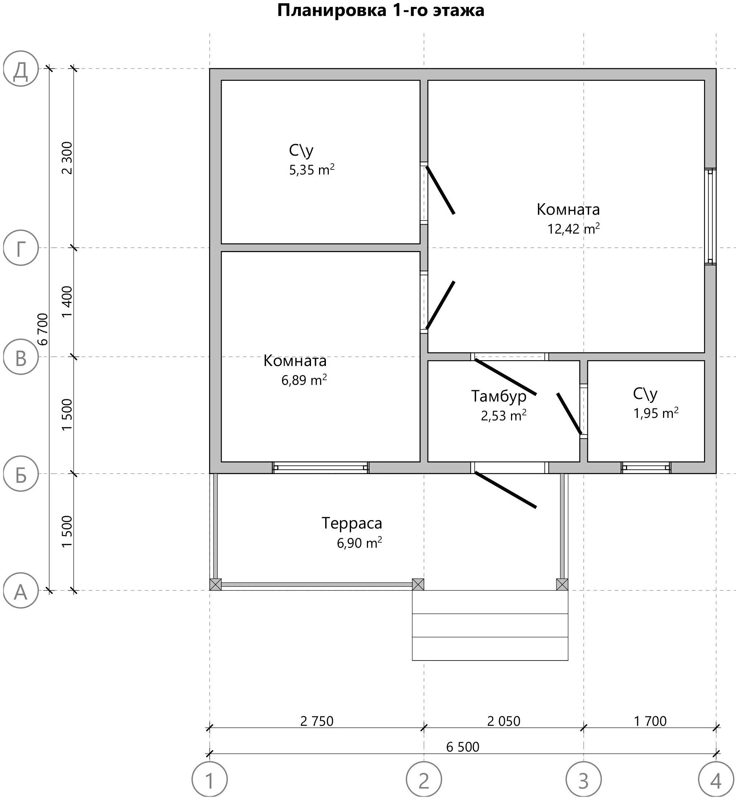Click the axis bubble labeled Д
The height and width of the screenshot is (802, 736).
(x=21, y=69)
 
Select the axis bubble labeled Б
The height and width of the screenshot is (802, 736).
(x=21, y=474)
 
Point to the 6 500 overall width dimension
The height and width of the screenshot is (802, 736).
(x=462, y=747)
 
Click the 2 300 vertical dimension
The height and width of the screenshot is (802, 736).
(x=67, y=158)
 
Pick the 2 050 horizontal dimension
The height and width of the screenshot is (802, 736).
(x=503, y=721)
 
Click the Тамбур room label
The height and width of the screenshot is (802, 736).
(x=499, y=396)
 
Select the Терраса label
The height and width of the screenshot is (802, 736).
(x=352, y=523)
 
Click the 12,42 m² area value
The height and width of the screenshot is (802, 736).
(x=573, y=229)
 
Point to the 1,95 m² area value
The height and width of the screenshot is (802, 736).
(x=655, y=414)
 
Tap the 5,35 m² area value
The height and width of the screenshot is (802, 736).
(x=311, y=170)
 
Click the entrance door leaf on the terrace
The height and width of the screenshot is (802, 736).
(x=506, y=490)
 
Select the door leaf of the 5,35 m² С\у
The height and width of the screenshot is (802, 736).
(x=440, y=190)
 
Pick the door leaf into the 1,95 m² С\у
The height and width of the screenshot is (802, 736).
(x=569, y=414)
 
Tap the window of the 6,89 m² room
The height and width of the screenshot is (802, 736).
(x=320, y=467)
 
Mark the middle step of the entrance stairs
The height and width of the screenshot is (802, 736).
(x=490, y=625)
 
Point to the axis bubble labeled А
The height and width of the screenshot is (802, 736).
(x=21, y=591)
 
